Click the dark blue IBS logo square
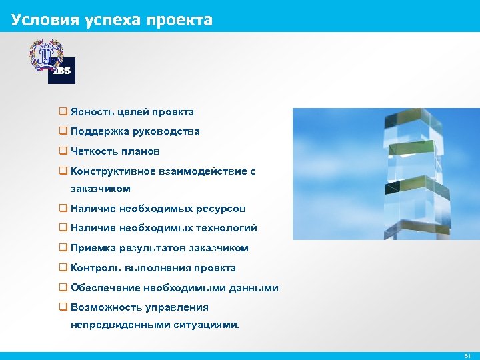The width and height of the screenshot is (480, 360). pos(62,71)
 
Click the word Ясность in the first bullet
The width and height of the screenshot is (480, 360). pos(94,112)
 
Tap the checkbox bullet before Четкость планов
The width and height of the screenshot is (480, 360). pos(63,151)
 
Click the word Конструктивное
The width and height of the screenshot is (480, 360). pos(113,171)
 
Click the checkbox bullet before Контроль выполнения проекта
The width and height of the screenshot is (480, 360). pos(63,268)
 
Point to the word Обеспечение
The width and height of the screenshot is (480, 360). pos(103,288)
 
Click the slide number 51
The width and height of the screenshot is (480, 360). pos(467,356)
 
